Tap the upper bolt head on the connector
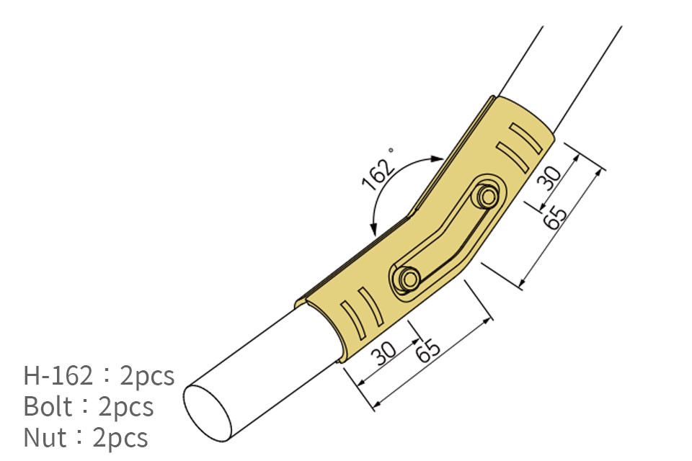(x=488, y=197)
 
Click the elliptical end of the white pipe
(x=208, y=413)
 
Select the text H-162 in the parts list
(x=58, y=376)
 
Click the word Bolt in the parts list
(x=48, y=407)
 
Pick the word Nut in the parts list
(x=45, y=438)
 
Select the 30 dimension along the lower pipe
(x=383, y=352)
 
